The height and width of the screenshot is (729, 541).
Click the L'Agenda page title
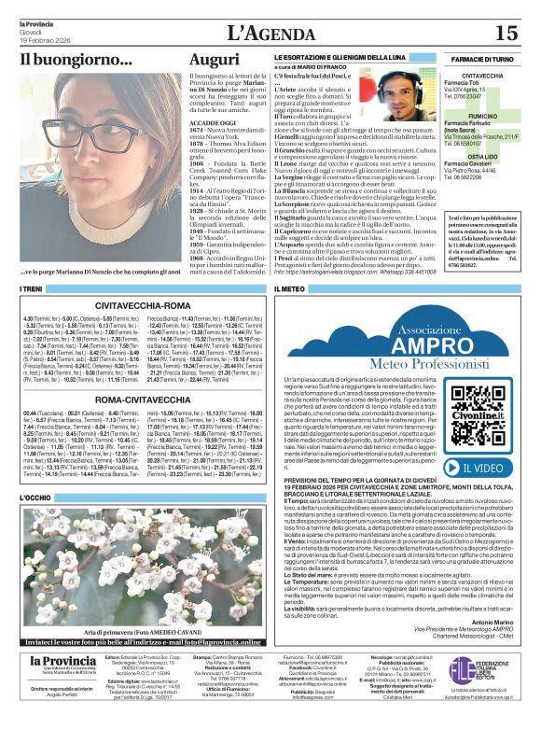(269, 33)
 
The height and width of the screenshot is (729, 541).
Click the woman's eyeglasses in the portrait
(85, 131)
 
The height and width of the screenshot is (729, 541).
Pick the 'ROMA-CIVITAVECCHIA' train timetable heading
(144, 399)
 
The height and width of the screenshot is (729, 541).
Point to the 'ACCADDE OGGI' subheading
(213, 121)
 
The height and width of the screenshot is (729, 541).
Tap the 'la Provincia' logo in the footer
(56, 688)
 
